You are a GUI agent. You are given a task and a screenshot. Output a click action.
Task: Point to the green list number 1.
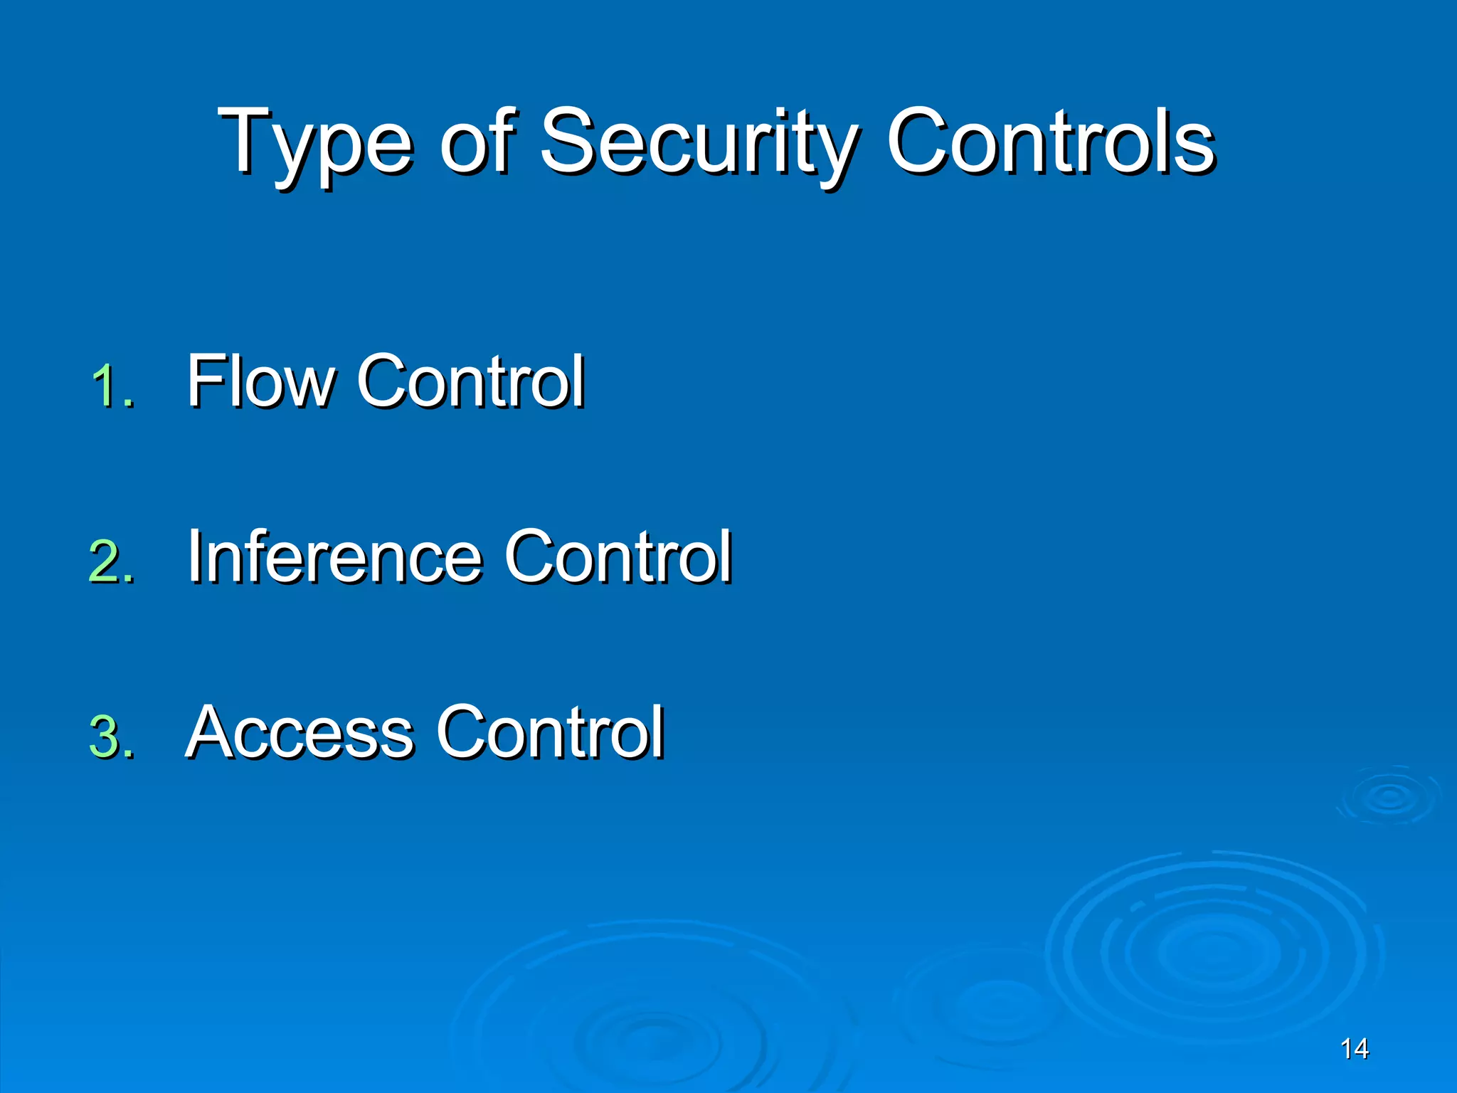coord(112,387)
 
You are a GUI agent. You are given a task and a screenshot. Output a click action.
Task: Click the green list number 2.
coord(112,562)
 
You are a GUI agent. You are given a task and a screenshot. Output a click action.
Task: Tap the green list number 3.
coord(112,737)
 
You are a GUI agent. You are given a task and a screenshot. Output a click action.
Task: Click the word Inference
coord(334,556)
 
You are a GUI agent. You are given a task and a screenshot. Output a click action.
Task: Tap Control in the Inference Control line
coord(618,556)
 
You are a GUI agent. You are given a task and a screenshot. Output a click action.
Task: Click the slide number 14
coord(1354,1049)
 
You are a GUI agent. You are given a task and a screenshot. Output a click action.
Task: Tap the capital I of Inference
coord(194,556)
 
